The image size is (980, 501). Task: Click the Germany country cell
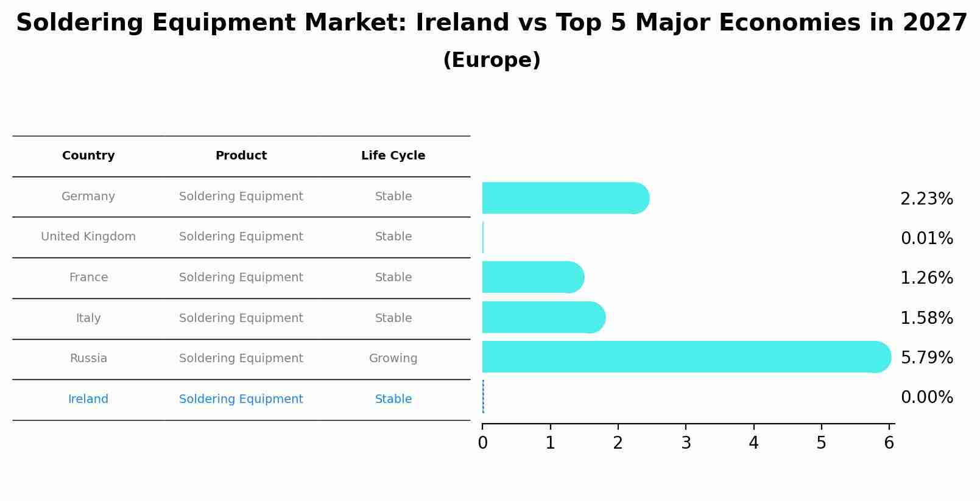coord(88,197)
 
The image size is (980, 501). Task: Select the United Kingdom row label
coord(88,237)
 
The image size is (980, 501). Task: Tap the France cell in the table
coord(88,278)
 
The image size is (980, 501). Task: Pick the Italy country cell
coord(88,318)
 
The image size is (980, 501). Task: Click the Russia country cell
coord(88,359)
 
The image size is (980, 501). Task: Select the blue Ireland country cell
coord(88,399)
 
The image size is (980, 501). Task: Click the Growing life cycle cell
coord(393,359)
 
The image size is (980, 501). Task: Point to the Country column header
coord(88,156)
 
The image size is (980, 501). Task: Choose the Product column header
coord(241,156)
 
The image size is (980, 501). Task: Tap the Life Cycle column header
coord(393,156)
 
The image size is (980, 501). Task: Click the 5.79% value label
coord(926,358)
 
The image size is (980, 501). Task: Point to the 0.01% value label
coord(926,239)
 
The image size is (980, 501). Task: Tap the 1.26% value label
coord(926,278)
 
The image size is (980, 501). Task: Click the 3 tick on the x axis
coord(686,443)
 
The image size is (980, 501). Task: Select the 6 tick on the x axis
coord(889,443)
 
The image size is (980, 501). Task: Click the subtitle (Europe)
coord(492,60)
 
